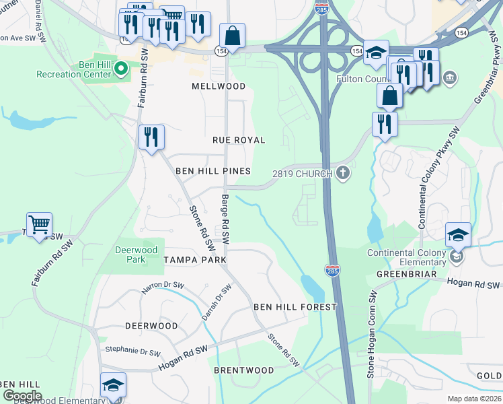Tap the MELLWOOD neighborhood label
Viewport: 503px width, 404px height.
pyautogui.click(x=219, y=86)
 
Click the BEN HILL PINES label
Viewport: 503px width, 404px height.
pyautogui.click(x=213, y=172)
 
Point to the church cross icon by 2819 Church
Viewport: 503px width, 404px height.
pyautogui.click(x=343, y=173)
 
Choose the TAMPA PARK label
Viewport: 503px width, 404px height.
pyautogui.click(x=194, y=259)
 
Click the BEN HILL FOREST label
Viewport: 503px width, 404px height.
pyautogui.click(x=295, y=307)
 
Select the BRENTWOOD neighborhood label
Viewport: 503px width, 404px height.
pyautogui.click(x=244, y=370)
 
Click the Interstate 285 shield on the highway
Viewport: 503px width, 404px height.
pyautogui.click(x=334, y=271)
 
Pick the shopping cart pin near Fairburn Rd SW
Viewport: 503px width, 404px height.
pyautogui.click(x=40, y=224)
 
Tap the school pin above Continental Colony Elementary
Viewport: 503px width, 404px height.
pyautogui.click(x=458, y=235)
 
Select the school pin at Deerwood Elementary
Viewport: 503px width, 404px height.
pyautogui.click(x=113, y=385)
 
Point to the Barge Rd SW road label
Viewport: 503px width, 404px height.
pyautogui.click(x=225, y=219)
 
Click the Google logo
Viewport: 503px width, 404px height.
pyautogui.click(x=22, y=396)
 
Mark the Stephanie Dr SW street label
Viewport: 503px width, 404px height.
pyautogui.click(x=133, y=351)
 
